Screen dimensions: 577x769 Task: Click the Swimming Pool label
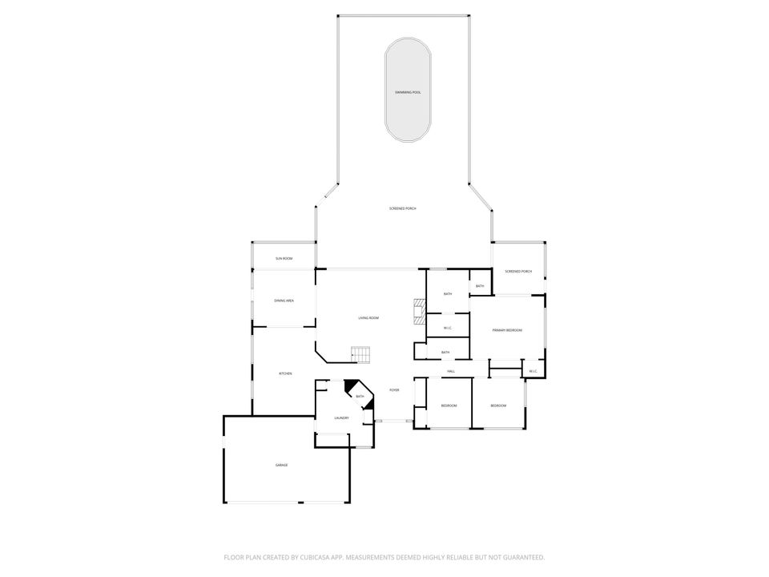click(407, 93)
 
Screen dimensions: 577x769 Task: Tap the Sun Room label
click(284, 259)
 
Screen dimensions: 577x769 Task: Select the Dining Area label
click(284, 301)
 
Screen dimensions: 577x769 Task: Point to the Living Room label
click(368, 318)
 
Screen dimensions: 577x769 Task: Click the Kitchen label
click(285, 374)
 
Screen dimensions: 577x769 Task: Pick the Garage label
click(281, 466)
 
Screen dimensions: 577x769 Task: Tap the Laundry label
click(342, 418)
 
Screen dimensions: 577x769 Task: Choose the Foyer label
click(394, 390)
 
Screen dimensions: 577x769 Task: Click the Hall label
click(451, 372)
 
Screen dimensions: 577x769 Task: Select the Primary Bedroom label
click(507, 330)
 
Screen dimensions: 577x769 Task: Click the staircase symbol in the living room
click(361, 353)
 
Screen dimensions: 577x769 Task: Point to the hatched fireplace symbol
click(417, 310)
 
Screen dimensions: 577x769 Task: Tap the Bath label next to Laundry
click(360, 397)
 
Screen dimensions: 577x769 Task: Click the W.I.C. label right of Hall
click(533, 371)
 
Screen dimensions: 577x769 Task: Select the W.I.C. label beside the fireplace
click(447, 327)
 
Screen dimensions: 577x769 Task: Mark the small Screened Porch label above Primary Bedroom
click(518, 272)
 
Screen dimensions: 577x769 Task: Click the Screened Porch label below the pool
click(403, 208)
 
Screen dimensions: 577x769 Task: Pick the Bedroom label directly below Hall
click(449, 406)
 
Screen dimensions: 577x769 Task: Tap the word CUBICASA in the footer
click(312, 557)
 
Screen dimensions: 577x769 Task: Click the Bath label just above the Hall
click(445, 353)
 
